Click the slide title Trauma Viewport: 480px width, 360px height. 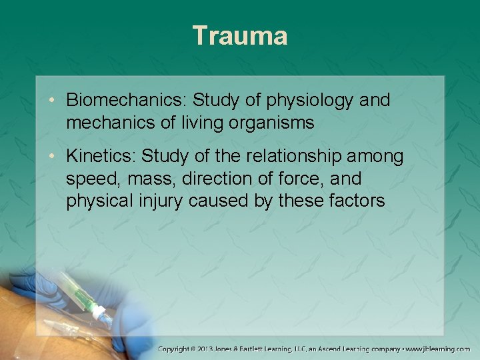240,35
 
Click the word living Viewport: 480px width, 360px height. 199,123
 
